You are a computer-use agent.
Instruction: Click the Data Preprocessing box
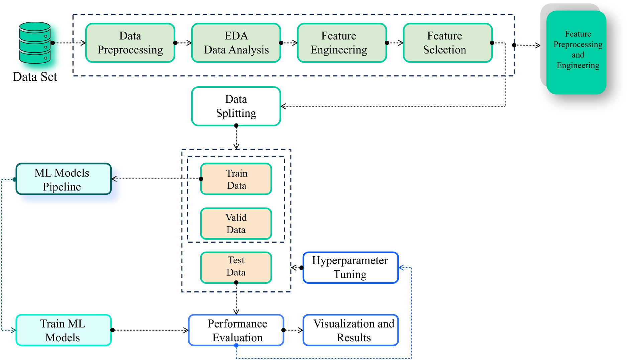130,43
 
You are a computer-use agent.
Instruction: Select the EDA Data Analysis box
236,43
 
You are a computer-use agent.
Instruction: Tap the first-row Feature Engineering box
342,43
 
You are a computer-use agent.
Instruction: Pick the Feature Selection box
447,43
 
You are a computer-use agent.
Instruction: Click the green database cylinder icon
35,43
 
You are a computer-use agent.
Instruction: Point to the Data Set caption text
35,77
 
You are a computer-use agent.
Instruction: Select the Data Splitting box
236,106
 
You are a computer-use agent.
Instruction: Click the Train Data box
236,179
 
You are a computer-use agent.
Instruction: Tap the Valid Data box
236,223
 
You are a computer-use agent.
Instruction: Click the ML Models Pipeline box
63,179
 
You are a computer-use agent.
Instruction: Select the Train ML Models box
63,330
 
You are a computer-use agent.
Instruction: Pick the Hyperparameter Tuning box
350,268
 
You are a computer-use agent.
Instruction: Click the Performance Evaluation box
236,330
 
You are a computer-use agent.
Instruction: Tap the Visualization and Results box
350,330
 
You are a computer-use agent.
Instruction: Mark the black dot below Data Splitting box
236,126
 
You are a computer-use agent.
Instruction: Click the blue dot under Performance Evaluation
236,346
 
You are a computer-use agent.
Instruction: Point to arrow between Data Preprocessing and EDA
184,43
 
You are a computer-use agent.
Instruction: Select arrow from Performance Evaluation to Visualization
294,330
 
